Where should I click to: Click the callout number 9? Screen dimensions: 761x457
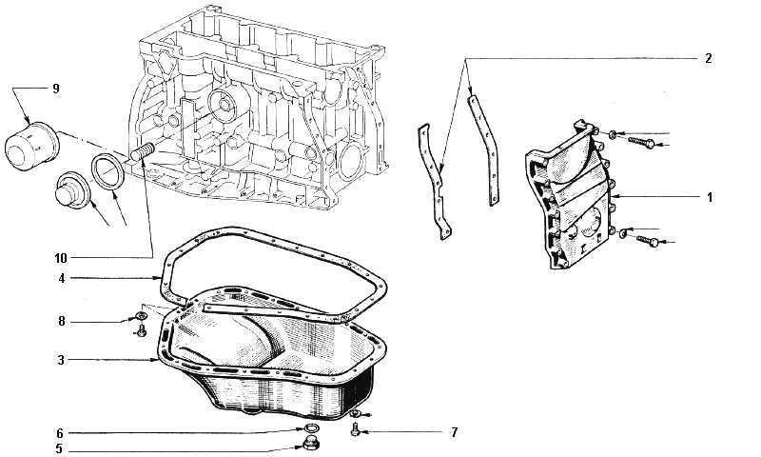(56, 89)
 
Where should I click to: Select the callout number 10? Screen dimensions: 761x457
(61, 258)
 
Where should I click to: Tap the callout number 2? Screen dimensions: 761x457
(709, 59)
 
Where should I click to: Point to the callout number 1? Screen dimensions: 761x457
(710, 198)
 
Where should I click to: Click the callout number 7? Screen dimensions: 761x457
(455, 431)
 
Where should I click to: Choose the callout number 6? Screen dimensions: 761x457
(60, 432)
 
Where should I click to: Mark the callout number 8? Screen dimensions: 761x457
(62, 322)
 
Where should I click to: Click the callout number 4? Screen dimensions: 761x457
(62, 279)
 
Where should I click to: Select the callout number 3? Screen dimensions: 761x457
(61, 360)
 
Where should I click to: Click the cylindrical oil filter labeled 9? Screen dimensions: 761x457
(31, 147)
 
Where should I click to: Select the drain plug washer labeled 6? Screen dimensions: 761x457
(309, 428)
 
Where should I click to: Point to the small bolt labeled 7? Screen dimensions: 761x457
(355, 429)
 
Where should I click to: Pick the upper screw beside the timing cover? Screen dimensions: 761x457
(640, 141)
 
